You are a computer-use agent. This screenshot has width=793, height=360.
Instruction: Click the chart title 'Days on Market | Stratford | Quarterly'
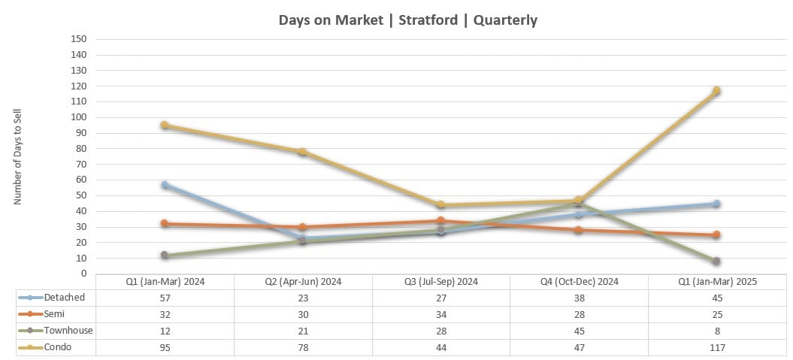coord(407,20)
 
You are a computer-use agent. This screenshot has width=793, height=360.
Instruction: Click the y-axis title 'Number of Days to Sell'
coord(18,156)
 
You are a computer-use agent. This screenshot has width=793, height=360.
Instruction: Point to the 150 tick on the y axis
coord(79,39)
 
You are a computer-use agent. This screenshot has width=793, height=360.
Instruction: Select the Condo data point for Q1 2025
coord(716,91)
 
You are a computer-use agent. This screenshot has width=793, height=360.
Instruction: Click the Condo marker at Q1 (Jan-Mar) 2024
coord(165,126)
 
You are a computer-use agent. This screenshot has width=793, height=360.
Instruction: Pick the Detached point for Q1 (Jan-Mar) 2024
coord(165,185)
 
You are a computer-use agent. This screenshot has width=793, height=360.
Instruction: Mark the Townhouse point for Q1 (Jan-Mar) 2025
coord(716,261)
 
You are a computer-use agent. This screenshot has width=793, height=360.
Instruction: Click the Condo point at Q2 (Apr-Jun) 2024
coord(303,152)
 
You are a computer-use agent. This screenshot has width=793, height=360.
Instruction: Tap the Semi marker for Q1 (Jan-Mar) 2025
coord(716,234)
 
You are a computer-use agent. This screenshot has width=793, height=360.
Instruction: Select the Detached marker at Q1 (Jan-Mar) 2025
coord(716,204)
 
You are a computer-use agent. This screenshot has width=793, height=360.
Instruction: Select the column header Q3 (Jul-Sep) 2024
coord(440,282)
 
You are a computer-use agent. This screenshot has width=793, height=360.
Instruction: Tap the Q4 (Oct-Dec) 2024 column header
coord(578,282)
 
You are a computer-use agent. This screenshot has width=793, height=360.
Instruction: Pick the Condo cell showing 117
coord(716,347)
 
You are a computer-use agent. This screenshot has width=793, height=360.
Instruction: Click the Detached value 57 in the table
coord(165,298)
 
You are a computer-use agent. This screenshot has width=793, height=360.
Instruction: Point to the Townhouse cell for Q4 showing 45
coord(578,331)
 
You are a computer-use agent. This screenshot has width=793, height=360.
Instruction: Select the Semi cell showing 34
coord(440,314)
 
